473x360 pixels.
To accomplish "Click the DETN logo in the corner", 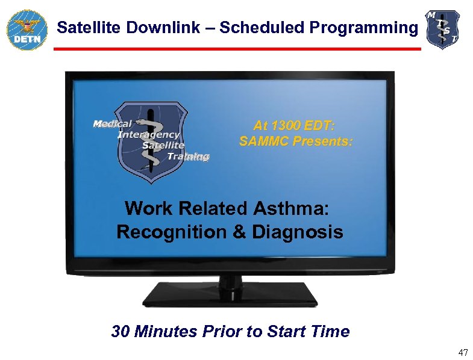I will tap(26, 29).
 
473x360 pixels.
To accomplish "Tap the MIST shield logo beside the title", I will tap(443, 29).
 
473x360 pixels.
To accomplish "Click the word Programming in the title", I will tap(363, 28).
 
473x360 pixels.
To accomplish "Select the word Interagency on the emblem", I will tap(148, 135).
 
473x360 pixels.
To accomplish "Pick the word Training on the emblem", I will tap(188, 157).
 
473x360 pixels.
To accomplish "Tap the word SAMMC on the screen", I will tap(265, 142).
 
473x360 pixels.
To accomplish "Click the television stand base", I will tap(230, 295).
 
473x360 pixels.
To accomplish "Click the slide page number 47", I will tap(462, 352).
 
